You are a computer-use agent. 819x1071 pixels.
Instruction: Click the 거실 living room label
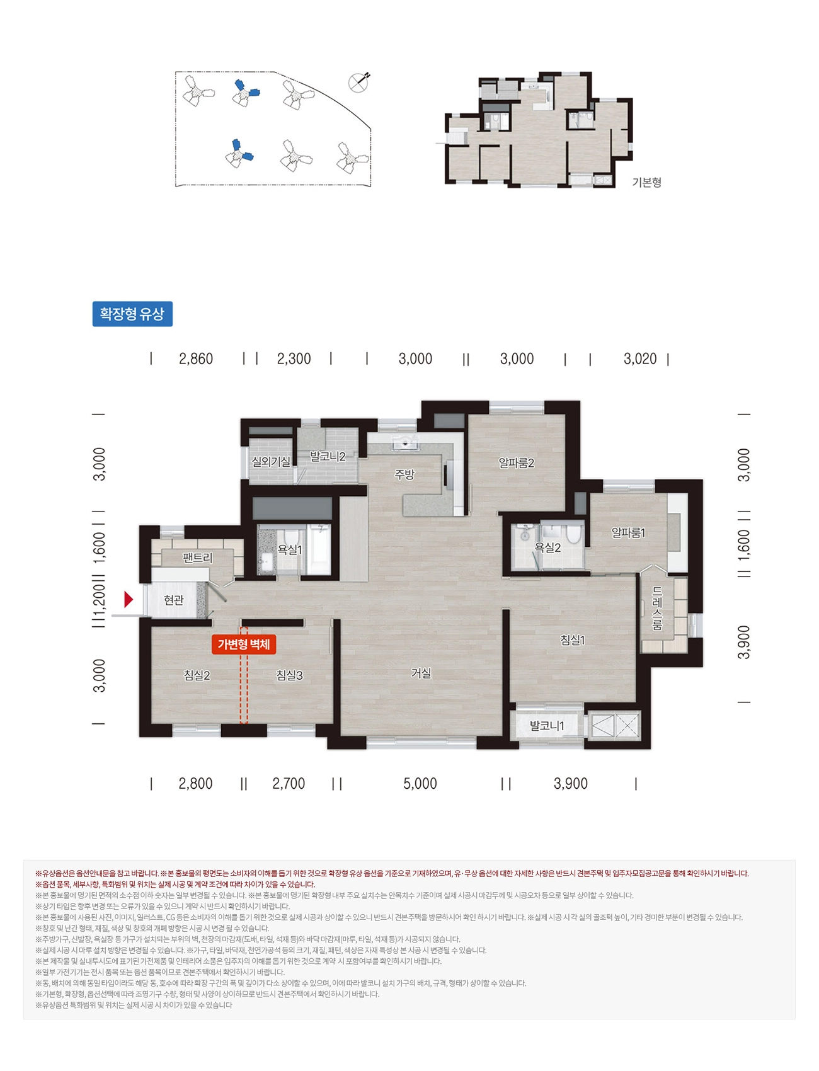click(421, 673)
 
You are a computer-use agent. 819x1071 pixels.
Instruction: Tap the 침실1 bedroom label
click(573, 640)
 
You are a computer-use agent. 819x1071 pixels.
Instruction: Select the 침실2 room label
click(197, 675)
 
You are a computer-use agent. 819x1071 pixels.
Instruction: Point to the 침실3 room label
click(290, 675)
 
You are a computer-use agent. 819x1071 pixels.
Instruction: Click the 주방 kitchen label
click(404, 474)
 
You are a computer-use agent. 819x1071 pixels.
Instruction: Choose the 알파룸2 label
click(517, 463)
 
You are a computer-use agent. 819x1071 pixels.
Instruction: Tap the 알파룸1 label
click(628, 533)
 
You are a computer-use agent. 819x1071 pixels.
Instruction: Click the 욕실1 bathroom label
click(290, 550)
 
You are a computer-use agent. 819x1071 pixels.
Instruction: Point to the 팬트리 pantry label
click(198, 558)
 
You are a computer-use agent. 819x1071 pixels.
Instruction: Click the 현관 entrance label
click(173, 600)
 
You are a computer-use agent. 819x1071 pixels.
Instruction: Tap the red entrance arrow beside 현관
click(129, 599)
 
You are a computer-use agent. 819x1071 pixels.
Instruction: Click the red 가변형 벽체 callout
click(244, 644)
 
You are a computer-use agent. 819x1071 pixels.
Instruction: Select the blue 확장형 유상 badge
click(132, 314)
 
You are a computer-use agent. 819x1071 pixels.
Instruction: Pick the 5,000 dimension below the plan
click(420, 784)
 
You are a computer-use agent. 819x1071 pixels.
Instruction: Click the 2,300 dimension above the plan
click(294, 359)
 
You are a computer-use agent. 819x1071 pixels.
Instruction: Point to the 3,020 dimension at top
click(640, 359)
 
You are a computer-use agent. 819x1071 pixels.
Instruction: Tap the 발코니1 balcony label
click(547, 726)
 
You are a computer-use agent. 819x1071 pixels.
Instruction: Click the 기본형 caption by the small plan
click(647, 183)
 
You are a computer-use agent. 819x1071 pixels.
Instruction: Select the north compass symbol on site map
click(359, 83)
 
